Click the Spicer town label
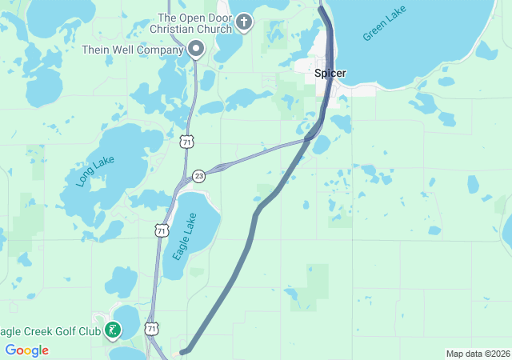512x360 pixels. click(330, 73)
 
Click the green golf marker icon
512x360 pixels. click(114, 329)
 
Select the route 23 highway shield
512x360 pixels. click(198, 176)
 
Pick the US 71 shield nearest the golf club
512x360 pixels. click(152, 329)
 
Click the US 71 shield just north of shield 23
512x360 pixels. click(186, 142)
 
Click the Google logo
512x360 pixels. click(26, 350)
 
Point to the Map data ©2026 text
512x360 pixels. click(478, 354)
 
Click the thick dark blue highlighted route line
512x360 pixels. click(256, 216)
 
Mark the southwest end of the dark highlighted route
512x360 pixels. click(182, 351)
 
